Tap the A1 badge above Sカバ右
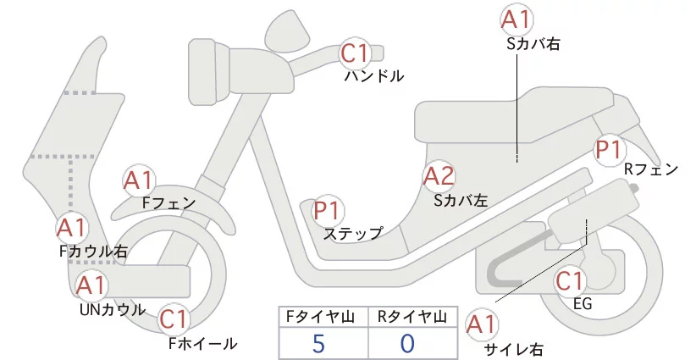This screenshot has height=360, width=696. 518,19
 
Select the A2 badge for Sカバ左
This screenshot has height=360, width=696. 439,177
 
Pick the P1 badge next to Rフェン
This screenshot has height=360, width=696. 610,150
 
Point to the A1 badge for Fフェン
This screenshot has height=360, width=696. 137,180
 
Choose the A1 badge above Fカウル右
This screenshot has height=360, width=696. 71,228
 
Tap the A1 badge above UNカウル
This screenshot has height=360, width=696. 91,285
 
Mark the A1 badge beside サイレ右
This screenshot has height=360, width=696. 483,324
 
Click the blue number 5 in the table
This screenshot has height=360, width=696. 318,343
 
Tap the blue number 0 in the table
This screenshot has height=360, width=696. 408,343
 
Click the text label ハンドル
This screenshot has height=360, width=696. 373,76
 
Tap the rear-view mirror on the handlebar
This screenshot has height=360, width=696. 288,32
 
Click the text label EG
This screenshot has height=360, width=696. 582,303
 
